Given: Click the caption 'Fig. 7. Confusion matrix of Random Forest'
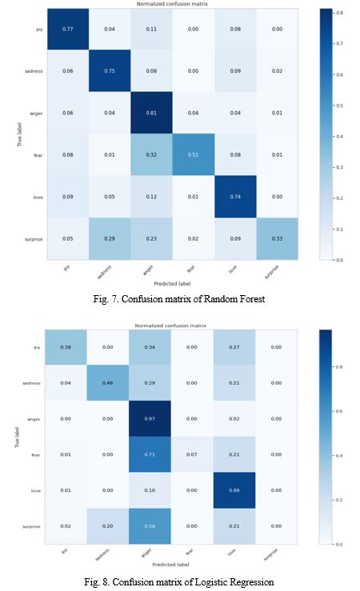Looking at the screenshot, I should (179, 297).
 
